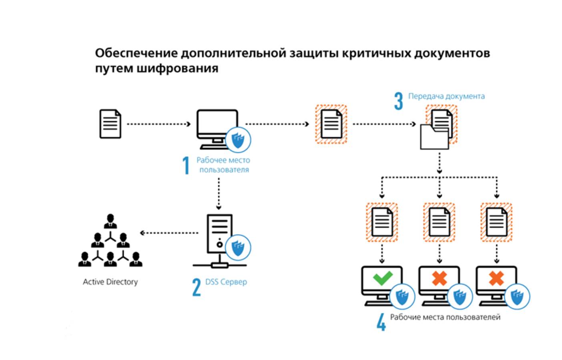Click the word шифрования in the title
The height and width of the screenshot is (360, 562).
(x=177, y=68)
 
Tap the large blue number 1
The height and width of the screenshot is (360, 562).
(x=186, y=165)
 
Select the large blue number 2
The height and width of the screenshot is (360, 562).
(x=196, y=287)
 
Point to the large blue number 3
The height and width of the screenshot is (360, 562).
(x=398, y=101)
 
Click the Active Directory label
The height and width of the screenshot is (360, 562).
(x=110, y=282)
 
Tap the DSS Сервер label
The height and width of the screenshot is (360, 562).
(x=226, y=282)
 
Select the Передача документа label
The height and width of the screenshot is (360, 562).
(x=446, y=96)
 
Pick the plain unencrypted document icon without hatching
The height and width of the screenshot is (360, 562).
(x=110, y=124)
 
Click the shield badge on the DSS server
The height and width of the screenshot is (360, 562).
(x=238, y=247)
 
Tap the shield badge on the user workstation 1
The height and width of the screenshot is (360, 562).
(x=238, y=140)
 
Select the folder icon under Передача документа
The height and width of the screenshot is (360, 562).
(x=434, y=137)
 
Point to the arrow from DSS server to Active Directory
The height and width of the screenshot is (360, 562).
(x=169, y=233)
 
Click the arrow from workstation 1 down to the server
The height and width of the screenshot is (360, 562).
(x=219, y=193)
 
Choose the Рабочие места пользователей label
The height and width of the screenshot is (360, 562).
(x=445, y=317)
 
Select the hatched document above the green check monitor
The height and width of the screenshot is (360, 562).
(x=382, y=222)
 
